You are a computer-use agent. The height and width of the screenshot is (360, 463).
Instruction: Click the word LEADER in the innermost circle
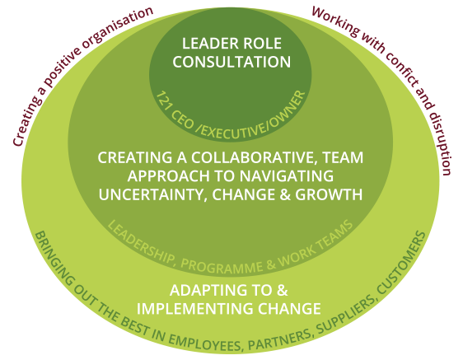point(207,44)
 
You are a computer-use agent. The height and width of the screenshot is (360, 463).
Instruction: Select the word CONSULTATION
point(231,62)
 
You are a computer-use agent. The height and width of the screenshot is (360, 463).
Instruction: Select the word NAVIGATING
point(286,176)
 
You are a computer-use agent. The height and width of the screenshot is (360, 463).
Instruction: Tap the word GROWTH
point(329,195)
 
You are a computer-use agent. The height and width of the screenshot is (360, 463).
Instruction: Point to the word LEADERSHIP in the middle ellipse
point(141,242)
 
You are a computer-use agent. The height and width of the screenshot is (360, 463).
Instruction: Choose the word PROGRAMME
point(222,267)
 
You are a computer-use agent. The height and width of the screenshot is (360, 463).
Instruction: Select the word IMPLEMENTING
point(195,309)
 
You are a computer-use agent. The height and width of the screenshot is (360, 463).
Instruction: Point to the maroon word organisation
point(117,27)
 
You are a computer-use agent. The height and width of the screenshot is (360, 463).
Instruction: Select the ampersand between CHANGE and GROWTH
point(285,195)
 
